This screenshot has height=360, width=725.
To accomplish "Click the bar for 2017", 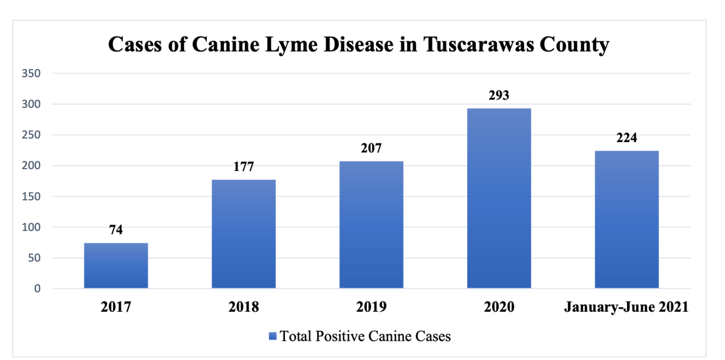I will pyautogui.click(x=116, y=265).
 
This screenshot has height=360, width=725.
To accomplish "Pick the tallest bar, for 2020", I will pyautogui.click(x=499, y=198).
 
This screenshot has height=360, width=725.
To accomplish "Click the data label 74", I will pyautogui.click(x=116, y=230).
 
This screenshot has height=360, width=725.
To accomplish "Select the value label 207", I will pyautogui.click(x=371, y=148).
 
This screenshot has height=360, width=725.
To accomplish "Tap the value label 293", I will pyautogui.click(x=499, y=95).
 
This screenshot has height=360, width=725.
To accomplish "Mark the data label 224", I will pyautogui.click(x=626, y=138).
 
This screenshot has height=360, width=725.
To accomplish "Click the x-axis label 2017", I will pyautogui.click(x=116, y=307).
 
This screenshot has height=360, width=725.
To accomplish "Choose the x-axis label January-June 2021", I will pyautogui.click(x=626, y=307).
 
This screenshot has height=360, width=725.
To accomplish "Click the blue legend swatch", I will pyautogui.click(x=273, y=337).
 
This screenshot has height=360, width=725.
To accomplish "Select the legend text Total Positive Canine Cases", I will pyautogui.click(x=366, y=336).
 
